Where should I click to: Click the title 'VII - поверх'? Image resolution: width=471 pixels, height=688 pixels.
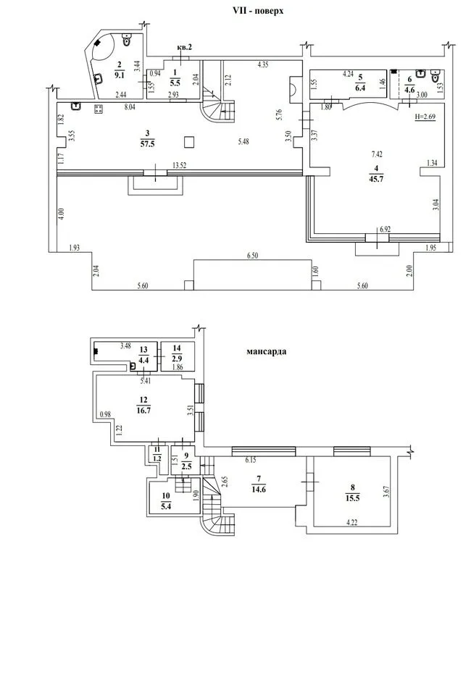[x=258, y=11]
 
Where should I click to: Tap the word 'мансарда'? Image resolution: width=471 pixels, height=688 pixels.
[x=267, y=351]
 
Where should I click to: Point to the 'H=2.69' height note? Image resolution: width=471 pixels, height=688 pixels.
[x=425, y=117]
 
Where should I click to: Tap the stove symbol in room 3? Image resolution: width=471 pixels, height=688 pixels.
[x=99, y=109]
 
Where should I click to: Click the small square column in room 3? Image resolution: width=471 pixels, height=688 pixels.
[x=189, y=142]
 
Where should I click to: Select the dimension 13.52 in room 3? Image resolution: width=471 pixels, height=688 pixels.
[x=179, y=165]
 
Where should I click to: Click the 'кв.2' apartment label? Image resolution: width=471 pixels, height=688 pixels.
[x=184, y=47]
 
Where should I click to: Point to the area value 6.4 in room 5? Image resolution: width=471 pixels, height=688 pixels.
[x=361, y=88]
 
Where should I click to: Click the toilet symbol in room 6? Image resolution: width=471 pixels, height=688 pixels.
[x=435, y=77]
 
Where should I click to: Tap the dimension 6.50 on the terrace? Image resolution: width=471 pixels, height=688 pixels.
[x=252, y=256]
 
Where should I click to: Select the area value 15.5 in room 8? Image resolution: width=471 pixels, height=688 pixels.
[x=353, y=498]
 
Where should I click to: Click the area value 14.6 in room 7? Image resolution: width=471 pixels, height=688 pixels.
[x=259, y=490]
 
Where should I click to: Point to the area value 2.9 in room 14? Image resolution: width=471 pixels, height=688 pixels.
[x=177, y=359]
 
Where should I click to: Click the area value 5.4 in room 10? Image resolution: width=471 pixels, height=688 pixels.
[x=166, y=506]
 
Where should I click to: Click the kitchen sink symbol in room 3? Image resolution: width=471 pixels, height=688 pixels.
[x=77, y=106]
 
